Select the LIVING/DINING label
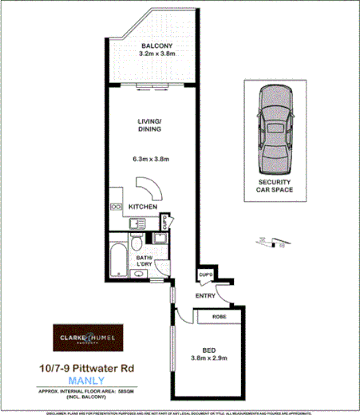[x=150, y=125]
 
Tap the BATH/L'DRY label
[x=144, y=262]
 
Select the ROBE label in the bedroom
[x=218, y=316]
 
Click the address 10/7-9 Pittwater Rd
[x=88, y=368]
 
